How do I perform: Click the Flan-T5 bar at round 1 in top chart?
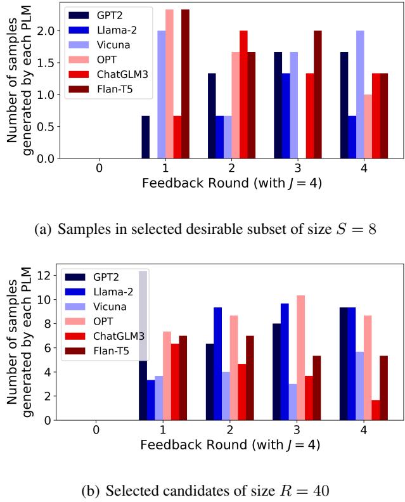click(185, 84)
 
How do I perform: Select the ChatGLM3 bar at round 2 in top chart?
click(243, 94)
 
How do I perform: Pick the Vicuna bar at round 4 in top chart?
click(360, 94)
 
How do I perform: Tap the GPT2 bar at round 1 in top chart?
click(145, 137)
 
